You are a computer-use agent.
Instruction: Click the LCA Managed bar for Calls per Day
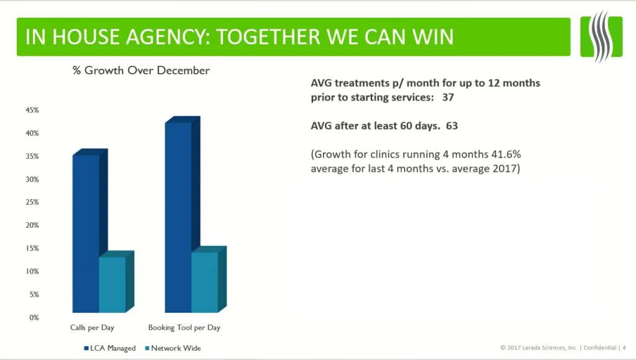(86, 233)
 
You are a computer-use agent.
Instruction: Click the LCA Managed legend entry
(110, 348)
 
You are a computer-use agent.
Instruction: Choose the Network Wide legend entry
(173, 348)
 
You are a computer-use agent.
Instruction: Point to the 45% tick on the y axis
(32, 110)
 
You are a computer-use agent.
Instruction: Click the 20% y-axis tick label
(32, 225)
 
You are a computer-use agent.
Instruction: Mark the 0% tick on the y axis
(34, 318)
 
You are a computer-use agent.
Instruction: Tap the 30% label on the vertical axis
(32, 179)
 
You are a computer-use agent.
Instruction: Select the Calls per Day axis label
(92, 328)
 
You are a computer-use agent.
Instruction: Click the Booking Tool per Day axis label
(184, 328)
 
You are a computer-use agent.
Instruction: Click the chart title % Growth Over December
(141, 71)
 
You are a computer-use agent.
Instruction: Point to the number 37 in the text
(448, 97)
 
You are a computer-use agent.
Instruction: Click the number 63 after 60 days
(452, 125)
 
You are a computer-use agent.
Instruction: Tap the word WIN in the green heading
(433, 37)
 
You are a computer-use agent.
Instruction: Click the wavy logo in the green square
(601, 37)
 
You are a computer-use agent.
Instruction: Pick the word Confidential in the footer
(600, 348)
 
